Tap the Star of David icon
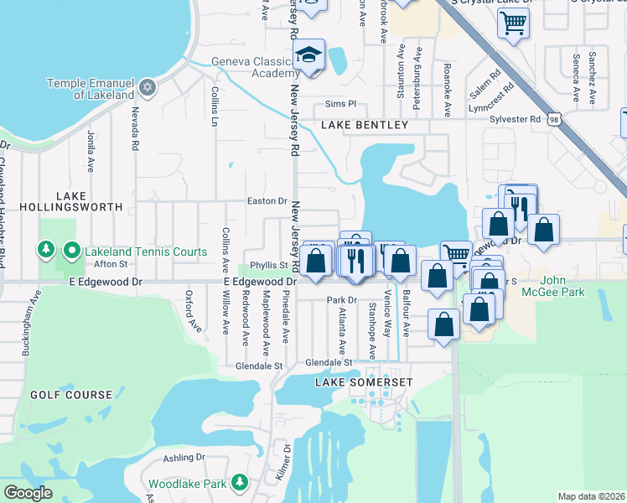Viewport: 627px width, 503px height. coord(148,87)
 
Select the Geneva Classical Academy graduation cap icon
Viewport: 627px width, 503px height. coord(308,56)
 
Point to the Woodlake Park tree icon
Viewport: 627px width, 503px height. coord(240,483)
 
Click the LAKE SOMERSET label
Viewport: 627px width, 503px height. coord(364,382)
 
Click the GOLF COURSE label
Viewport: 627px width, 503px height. coord(71,394)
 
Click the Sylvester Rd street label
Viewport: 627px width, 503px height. coord(516,119)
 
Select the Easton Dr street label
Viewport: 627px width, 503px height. coord(267,201)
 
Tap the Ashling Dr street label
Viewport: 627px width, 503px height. coord(184,457)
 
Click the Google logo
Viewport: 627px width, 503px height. coord(28,493)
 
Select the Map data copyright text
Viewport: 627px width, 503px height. coord(591,496)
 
